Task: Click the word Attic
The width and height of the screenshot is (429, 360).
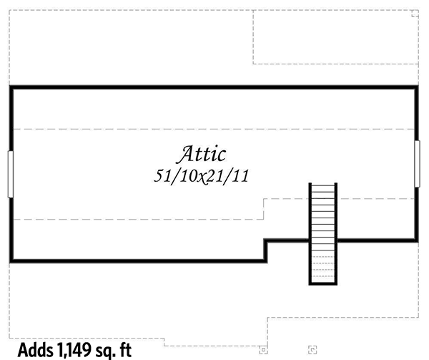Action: click(202, 154)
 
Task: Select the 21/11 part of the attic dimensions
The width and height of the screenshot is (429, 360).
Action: click(227, 176)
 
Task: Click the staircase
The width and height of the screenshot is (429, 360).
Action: click(323, 234)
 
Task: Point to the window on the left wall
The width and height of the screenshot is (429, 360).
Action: click(11, 174)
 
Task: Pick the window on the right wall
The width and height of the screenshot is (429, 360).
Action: click(418, 164)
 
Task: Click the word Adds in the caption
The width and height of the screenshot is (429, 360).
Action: click(35, 350)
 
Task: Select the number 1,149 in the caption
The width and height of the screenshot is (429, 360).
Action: click(74, 350)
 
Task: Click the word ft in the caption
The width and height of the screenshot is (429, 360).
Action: click(126, 350)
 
